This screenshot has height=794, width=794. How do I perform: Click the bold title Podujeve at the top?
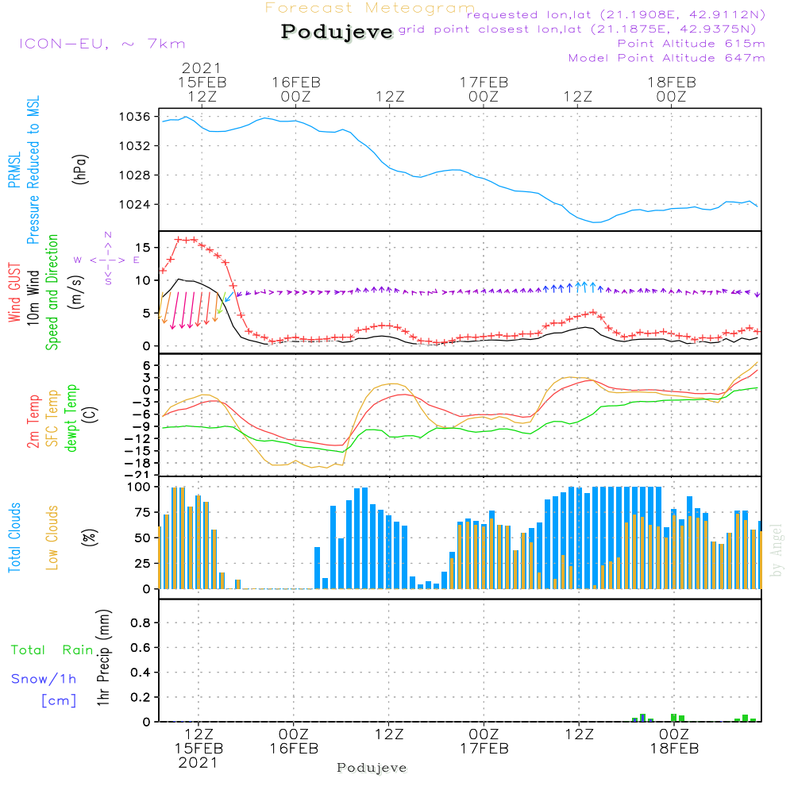pyautogui.click(x=337, y=32)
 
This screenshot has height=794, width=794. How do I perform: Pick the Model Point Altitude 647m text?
pyautogui.click(x=667, y=58)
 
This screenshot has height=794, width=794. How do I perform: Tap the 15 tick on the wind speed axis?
pyautogui.click(x=144, y=247)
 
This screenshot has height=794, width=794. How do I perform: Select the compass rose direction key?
pyautogui.click(x=107, y=259)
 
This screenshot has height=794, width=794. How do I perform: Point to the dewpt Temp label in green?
pyautogui.click(x=71, y=418)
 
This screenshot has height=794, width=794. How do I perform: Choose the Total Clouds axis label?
pyautogui.click(x=15, y=538)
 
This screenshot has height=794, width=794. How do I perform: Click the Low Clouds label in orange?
pyautogui.click(x=52, y=538)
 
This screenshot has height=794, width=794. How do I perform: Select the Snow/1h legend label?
pyautogui.click(x=44, y=680)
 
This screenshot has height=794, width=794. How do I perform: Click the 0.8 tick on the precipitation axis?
pyautogui.click(x=140, y=623)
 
